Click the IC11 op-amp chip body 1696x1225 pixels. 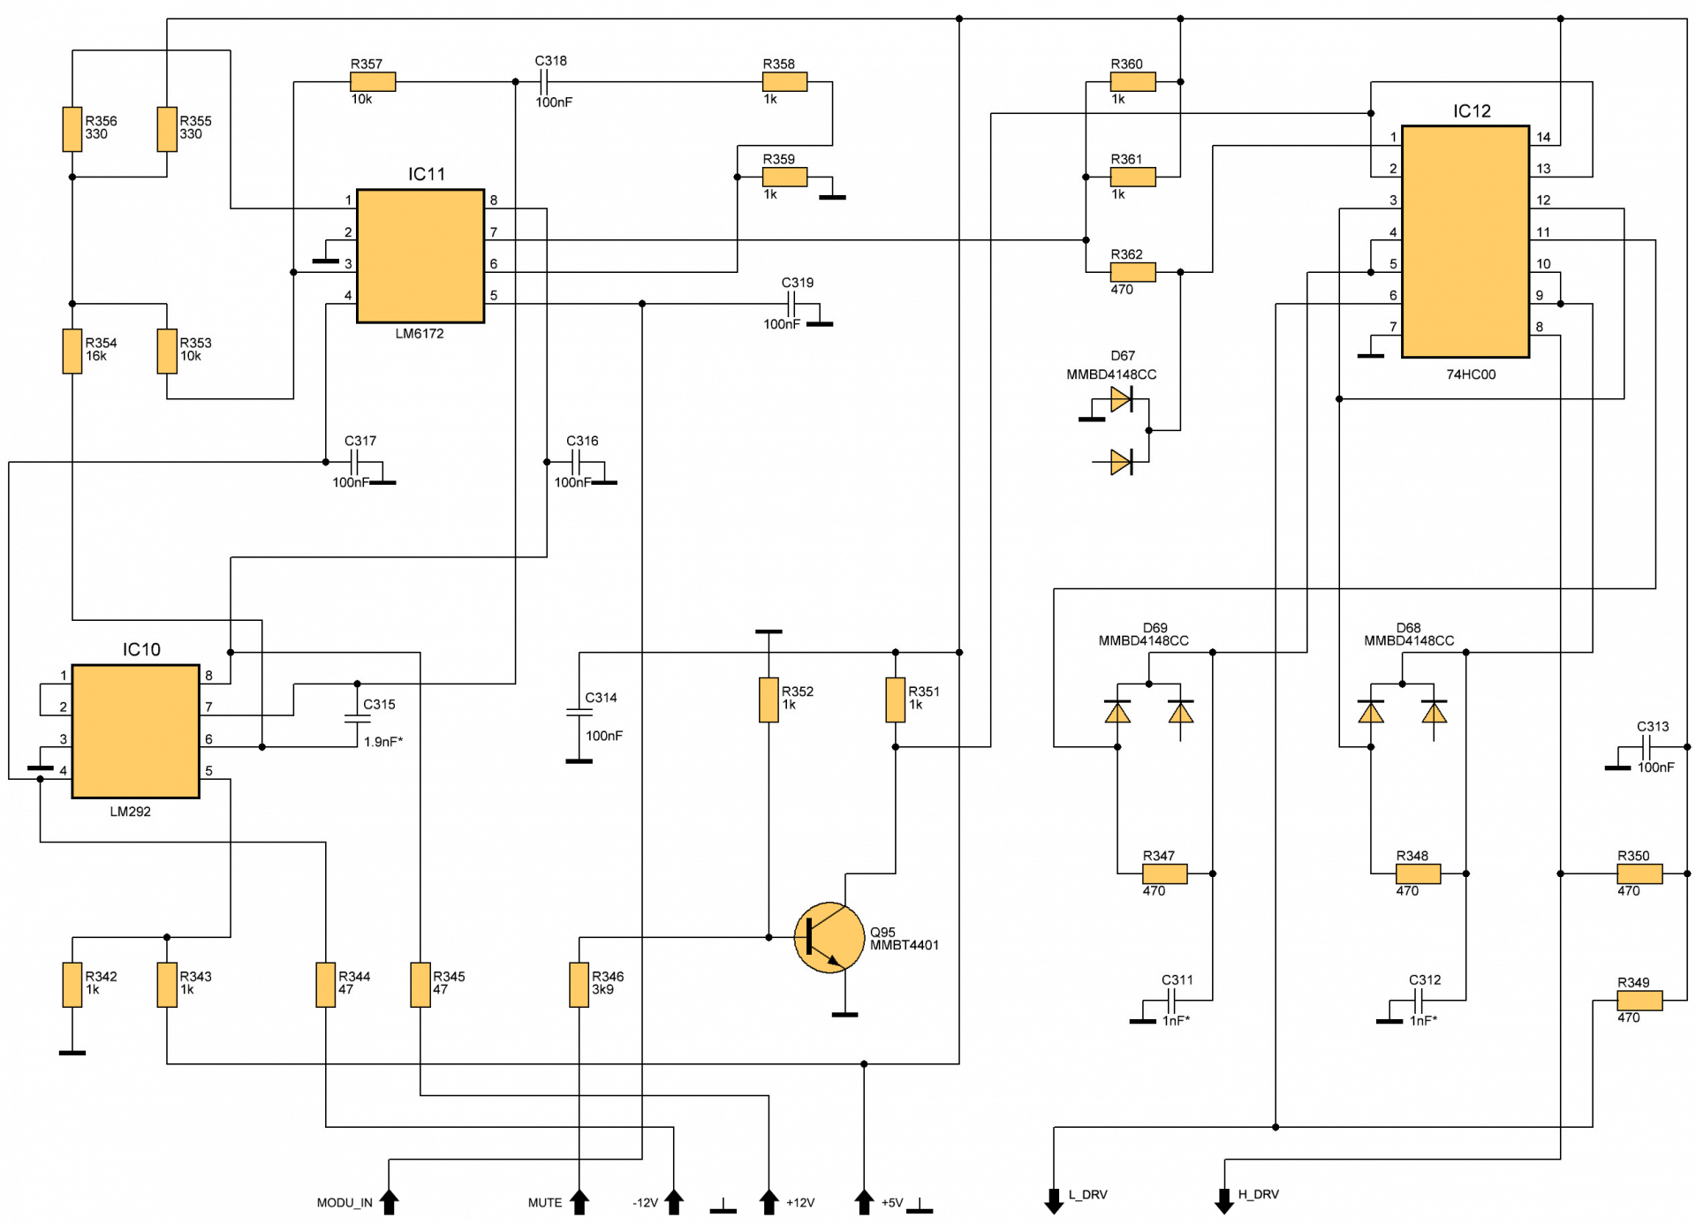420,256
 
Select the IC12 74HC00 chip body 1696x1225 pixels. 1465,241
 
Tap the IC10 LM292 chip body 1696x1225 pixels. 136,731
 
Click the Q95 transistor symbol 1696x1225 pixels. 829,937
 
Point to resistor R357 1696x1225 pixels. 373,82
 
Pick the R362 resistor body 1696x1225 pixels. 1132,272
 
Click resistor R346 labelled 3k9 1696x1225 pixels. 579,985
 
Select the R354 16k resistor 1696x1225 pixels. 72,351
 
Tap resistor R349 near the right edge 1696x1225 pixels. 1639,1001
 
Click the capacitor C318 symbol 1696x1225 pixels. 544,82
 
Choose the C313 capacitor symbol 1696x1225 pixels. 1646,747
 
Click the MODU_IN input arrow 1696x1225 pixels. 389,1201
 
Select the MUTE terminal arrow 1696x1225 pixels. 579,1201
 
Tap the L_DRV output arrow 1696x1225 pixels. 1054,1201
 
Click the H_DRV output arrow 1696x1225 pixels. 1224,1201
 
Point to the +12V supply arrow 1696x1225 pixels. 768,1201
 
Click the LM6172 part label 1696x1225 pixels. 420,334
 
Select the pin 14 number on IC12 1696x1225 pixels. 1543,137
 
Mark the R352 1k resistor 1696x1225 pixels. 768,699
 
